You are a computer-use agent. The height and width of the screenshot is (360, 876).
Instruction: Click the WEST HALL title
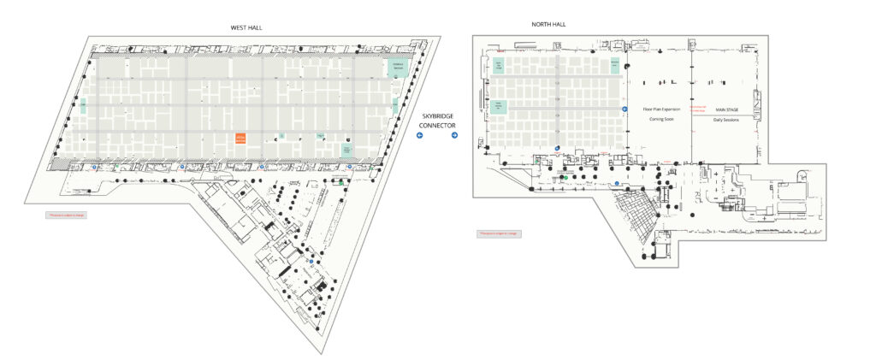click(x=246, y=27)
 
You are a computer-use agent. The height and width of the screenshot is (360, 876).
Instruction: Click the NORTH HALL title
click(x=548, y=24)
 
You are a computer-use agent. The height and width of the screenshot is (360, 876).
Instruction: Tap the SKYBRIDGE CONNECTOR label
click(x=437, y=121)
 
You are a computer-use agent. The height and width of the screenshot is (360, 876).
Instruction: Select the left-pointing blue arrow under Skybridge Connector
click(x=420, y=135)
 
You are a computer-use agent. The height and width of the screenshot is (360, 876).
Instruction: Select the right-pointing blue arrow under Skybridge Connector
click(x=454, y=135)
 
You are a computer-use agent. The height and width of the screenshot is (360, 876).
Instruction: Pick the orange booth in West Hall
click(x=240, y=138)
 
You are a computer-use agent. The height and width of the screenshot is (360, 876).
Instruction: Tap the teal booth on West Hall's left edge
click(x=83, y=107)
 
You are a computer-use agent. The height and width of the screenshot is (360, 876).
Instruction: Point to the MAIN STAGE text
click(x=726, y=110)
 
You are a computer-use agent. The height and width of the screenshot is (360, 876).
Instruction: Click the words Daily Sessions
click(x=726, y=120)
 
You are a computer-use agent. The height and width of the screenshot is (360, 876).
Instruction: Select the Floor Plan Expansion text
click(x=660, y=110)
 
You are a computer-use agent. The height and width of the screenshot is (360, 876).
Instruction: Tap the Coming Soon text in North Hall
click(x=660, y=120)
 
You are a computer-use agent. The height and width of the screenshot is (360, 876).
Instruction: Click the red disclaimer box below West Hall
click(x=66, y=215)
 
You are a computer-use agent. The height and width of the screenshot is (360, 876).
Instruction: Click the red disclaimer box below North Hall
click(x=498, y=233)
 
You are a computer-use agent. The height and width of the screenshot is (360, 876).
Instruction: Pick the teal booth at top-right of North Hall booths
click(x=614, y=63)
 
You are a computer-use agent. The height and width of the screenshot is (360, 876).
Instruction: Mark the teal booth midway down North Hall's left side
click(x=500, y=107)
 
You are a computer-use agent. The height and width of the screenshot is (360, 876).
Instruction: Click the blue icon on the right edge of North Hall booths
click(x=624, y=109)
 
